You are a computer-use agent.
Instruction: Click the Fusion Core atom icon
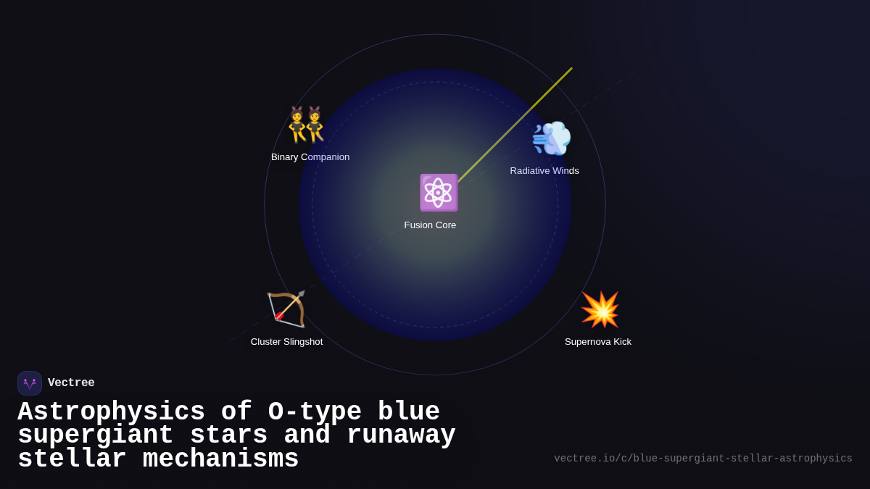(438, 193)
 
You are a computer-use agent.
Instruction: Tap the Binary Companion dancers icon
(306, 125)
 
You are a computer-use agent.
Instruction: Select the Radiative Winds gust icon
(552, 139)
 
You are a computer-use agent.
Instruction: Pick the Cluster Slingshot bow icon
(286, 309)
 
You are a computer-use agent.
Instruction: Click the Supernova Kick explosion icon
(600, 310)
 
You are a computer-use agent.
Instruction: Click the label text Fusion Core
(430, 225)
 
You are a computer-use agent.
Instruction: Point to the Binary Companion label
(310, 157)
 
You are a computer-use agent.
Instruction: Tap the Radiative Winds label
(544, 171)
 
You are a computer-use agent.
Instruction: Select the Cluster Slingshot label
(286, 342)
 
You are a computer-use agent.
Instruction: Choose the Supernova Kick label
(598, 342)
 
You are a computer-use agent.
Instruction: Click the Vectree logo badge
(30, 383)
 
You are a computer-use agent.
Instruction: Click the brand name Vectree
(71, 383)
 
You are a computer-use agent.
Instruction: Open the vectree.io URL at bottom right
(703, 459)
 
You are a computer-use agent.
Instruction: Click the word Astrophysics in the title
(111, 412)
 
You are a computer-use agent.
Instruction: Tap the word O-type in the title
(315, 412)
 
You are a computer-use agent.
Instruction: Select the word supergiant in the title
(95, 435)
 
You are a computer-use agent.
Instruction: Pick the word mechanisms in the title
(220, 459)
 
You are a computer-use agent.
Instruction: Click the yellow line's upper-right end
(571, 69)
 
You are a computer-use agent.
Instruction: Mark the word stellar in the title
(72, 459)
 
